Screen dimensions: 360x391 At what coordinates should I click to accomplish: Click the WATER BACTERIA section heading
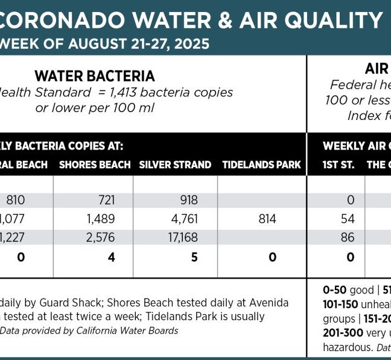point(95,76)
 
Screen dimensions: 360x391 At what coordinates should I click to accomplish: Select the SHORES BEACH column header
point(95,165)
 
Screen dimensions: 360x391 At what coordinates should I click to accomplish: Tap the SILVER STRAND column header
point(175,165)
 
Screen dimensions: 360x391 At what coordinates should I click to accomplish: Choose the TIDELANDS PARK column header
point(261,165)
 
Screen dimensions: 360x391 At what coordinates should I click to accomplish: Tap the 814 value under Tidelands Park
point(267,218)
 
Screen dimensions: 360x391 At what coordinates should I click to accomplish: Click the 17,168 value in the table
point(182,238)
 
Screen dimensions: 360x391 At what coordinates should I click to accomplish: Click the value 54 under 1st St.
point(348,218)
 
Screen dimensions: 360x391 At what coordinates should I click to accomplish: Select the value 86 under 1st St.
point(348,238)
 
